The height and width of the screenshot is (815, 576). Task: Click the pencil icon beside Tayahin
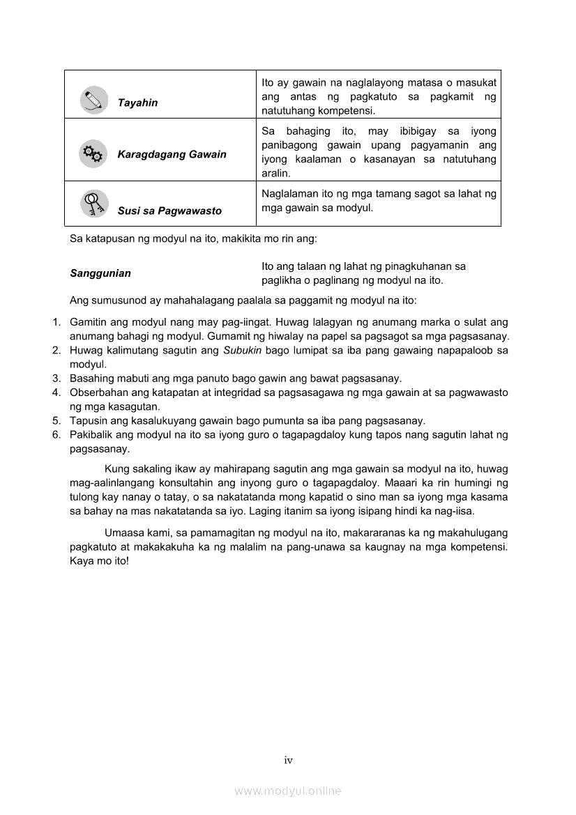click(x=93, y=100)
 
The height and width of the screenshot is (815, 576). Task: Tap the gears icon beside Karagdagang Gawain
click(x=93, y=153)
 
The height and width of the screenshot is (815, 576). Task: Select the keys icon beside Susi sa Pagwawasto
click(x=93, y=204)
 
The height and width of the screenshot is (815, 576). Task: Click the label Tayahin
click(x=137, y=102)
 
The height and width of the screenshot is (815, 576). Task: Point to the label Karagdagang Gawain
click(x=172, y=154)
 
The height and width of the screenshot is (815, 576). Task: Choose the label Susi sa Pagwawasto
click(x=169, y=211)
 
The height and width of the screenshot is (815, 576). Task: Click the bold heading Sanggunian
click(x=100, y=273)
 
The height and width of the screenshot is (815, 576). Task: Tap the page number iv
click(x=288, y=761)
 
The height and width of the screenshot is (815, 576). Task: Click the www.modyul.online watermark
click(x=288, y=791)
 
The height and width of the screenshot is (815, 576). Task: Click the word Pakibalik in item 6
click(x=91, y=435)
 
